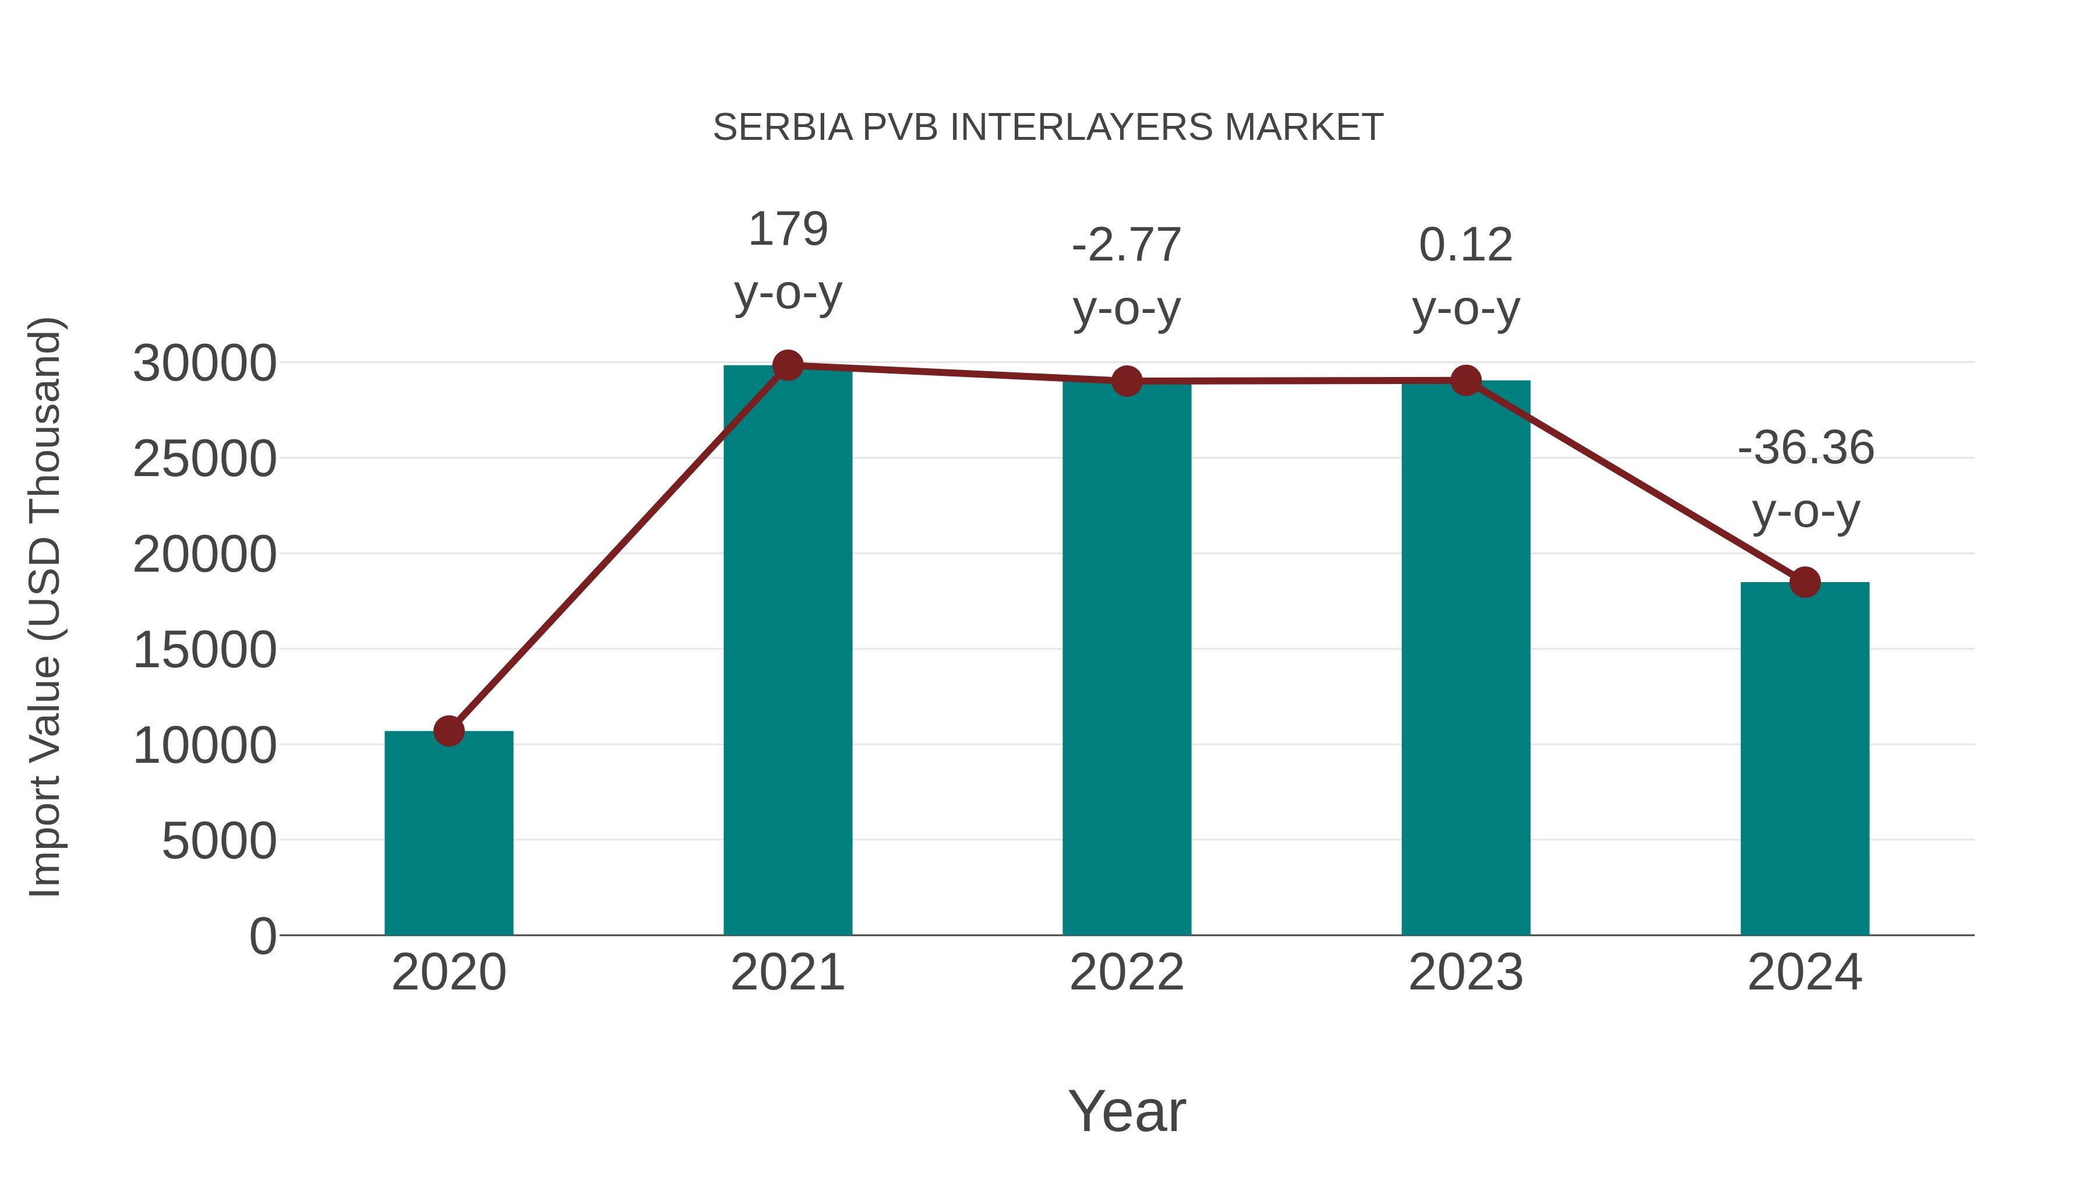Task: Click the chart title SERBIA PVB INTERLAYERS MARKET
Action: (1048, 128)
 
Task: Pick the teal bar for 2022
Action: (1126, 660)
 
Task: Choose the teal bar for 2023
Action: (1466, 660)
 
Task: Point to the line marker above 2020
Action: (449, 731)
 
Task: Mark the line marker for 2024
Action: (1804, 582)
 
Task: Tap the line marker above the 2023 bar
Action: (1466, 381)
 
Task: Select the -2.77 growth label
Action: (1126, 245)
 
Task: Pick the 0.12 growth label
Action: (1466, 245)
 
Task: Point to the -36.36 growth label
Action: (1805, 448)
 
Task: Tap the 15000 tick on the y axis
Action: (204, 651)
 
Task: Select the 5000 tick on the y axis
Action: (219, 841)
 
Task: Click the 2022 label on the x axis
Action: (1126, 973)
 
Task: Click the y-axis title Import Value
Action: (45, 607)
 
